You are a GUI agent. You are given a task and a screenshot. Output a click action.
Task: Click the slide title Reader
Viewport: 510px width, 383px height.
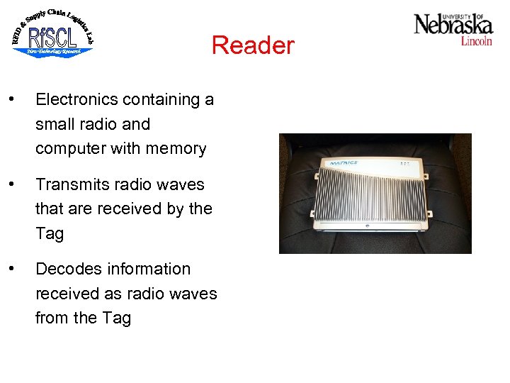pyautogui.click(x=252, y=45)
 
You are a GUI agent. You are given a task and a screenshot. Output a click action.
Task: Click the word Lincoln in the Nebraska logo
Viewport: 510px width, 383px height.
pyautogui.click(x=476, y=41)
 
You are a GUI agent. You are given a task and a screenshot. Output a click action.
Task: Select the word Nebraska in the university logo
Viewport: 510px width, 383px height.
pyautogui.click(x=453, y=26)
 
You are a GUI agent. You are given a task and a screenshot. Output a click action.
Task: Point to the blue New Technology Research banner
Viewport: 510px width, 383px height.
pyautogui.click(x=53, y=51)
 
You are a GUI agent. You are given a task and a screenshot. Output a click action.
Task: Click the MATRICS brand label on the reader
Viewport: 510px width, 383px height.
pyautogui.click(x=344, y=163)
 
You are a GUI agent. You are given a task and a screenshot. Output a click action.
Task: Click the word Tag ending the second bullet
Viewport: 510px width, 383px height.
pyautogui.click(x=50, y=234)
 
